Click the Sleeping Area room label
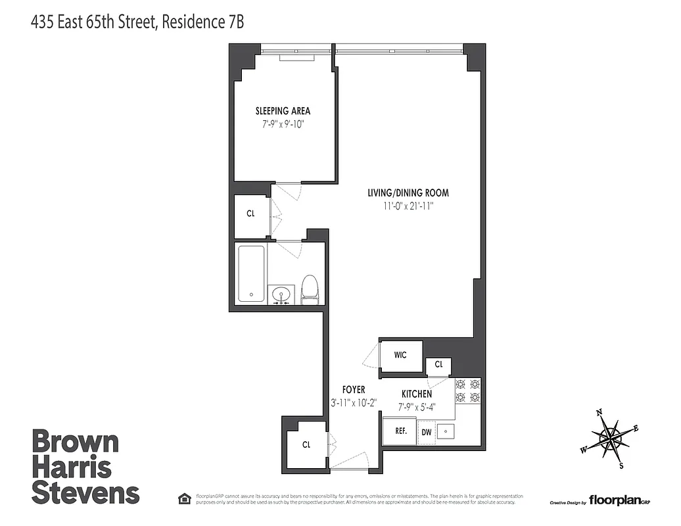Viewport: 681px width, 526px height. point(283,110)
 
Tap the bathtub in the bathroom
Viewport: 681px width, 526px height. point(250,274)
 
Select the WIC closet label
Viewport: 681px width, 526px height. point(400,355)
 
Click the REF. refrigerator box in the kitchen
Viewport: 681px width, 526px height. point(400,431)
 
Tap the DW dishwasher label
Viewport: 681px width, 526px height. point(426,432)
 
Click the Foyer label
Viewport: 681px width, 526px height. point(353,390)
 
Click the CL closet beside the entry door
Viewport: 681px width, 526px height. point(306,445)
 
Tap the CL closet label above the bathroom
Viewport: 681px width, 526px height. point(250,214)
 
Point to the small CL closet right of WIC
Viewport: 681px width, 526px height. point(438,364)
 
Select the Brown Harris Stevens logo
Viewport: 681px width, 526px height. point(85,467)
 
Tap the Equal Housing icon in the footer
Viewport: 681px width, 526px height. point(183,497)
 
